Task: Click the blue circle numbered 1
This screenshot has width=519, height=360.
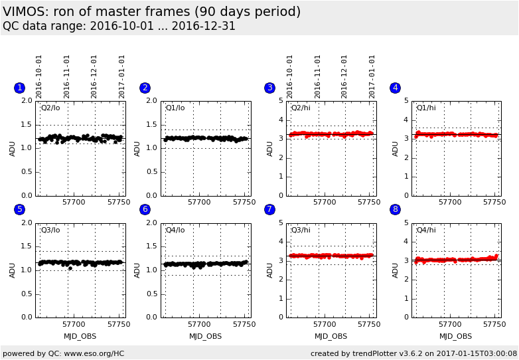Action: point(19,88)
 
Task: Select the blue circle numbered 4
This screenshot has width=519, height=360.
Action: point(395,88)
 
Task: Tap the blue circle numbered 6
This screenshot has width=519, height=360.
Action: point(145,209)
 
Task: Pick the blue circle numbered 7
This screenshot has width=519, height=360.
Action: point(269,209)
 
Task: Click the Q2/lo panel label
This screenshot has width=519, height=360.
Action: point(50,108)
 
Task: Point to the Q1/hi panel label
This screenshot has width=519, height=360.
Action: point(426,108)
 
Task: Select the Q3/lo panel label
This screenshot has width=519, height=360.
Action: point(50,230)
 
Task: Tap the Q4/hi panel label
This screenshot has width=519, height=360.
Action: point(426,230)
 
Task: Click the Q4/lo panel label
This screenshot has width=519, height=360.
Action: point(175,230)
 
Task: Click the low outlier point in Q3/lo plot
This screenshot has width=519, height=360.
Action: point(70,268)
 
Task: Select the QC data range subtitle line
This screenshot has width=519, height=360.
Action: point(119,27)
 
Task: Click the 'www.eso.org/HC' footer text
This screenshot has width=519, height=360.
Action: point(94,353)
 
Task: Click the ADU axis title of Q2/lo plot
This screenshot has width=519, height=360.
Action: point(13,148)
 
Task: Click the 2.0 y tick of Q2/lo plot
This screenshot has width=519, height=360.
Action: point(26,101)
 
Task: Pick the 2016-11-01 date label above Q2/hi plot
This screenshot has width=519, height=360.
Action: point(318,76)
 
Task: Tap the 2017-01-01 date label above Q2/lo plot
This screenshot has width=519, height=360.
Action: point(122,76)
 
